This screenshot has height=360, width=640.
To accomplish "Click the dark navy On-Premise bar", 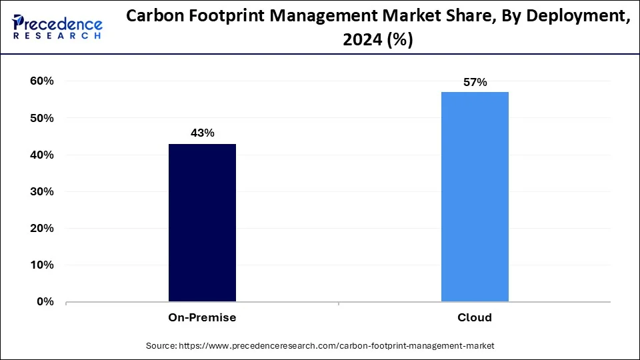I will click(x=202, y=223).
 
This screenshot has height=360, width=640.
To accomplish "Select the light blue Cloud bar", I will click(x=475, y=197).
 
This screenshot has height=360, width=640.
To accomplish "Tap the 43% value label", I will click(x=202, y=133).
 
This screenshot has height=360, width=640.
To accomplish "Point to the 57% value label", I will click(x=475, y=83).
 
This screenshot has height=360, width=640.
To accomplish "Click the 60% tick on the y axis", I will click(x=41, y=81).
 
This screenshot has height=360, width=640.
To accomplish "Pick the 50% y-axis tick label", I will click(x=41, y=118).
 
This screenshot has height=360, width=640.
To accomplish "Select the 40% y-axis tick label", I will click(x=41, y=155).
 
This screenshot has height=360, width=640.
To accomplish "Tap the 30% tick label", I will click(x=41, y=191).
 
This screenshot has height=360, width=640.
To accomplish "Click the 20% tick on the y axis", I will click(x=41, y=228).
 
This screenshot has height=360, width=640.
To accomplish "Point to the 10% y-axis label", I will click(x=41, y=265).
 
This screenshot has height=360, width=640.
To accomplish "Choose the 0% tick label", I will click(x=45, y=301).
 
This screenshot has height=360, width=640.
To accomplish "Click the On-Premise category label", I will click(x=202, y=318).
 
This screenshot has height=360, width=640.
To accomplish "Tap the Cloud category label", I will click(x=475, y=318).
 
